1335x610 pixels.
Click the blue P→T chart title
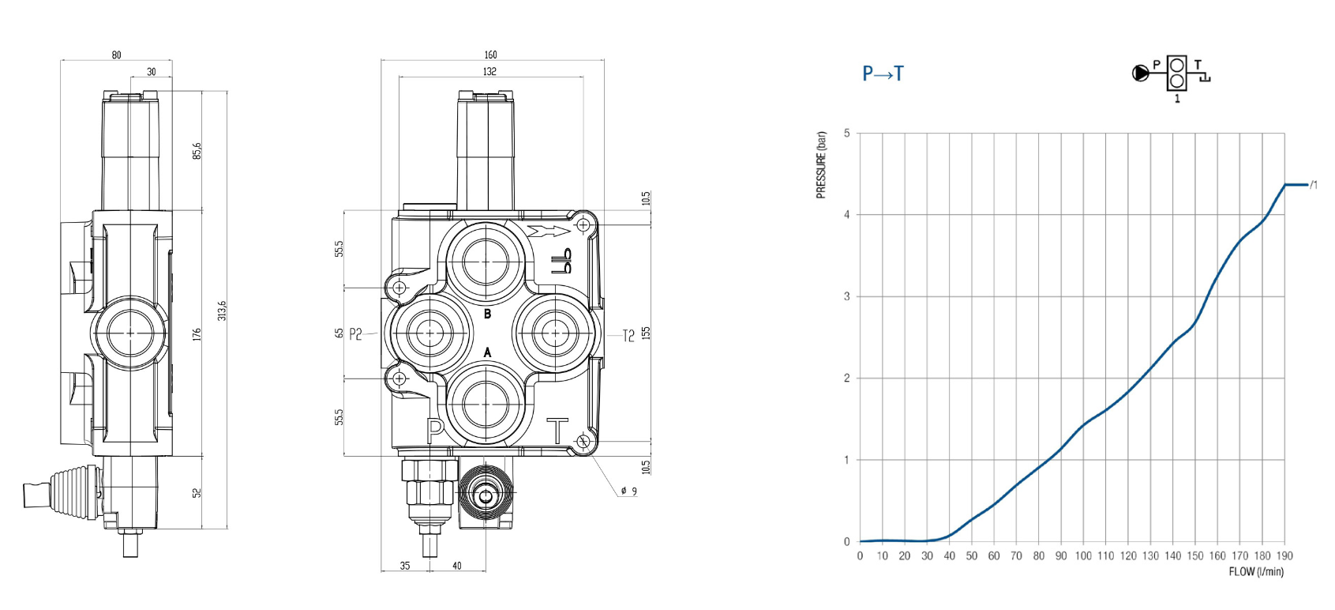point(883,74)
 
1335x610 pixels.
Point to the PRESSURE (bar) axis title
point(822,165)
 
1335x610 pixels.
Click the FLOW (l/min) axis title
point(1255,571)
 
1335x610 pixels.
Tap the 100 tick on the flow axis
point(1083,556)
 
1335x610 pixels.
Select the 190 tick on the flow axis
point(1284,556)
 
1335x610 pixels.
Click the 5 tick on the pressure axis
point(847,133)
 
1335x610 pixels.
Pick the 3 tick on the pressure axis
point(847,296)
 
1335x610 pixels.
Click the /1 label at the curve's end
point(1313,185)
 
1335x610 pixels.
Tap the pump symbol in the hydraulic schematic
point(1140,73)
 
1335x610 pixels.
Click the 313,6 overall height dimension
point(222,310)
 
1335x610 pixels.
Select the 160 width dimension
point(490,55)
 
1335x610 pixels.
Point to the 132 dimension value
point(489,71)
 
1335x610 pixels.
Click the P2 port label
point(355,334)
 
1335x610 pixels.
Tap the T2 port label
point(628,336)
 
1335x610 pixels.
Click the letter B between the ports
point(487,314)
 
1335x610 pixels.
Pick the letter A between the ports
point(487,352)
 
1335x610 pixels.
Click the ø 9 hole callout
point(628,491)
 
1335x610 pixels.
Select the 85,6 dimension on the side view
point(197,150)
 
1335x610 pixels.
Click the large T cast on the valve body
point(557,431)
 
